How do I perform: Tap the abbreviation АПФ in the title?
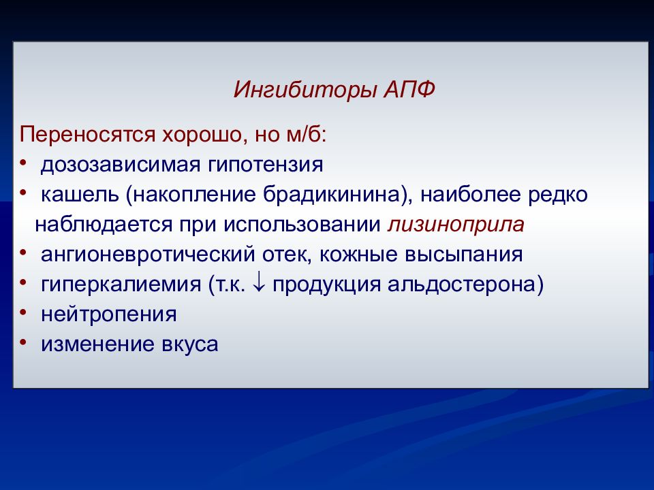[x=409, y=88]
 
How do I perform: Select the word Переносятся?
[x=88, y=135]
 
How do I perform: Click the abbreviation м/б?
[x=306, y=134]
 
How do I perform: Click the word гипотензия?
[x=265, y=165]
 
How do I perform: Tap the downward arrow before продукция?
[x=259, y=283]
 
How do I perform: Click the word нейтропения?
[x=109, y=315]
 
